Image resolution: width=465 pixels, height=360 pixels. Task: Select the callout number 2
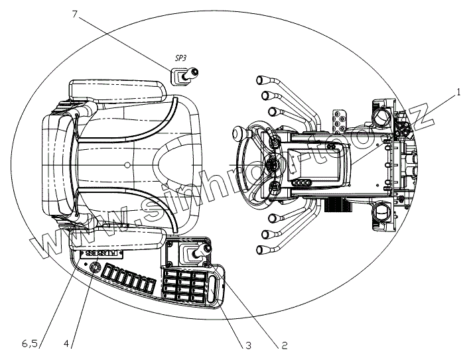(284, 345)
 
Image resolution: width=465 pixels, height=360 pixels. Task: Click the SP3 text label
(181, 59)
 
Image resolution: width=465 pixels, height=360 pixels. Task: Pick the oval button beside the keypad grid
(212, 290)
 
